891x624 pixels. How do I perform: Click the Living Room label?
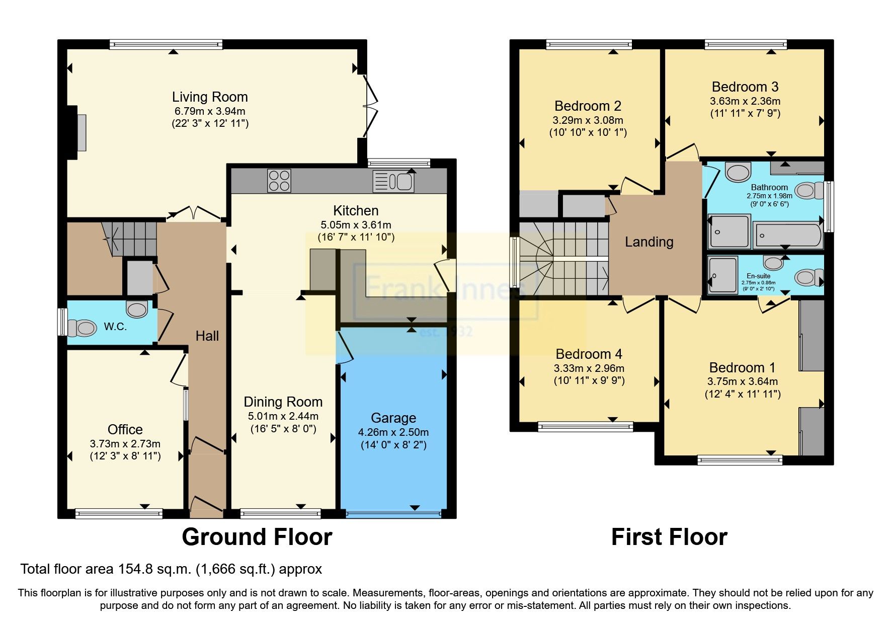(210, 97)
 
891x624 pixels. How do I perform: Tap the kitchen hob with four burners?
(279, 181)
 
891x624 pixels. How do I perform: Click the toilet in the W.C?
(82, 329)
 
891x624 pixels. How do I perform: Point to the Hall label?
(207, 336)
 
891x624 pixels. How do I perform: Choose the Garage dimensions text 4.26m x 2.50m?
(393, 432)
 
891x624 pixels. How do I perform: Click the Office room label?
(125, 429)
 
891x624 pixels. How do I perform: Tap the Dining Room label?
(283, 402)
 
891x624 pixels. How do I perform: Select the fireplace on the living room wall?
(80, 132)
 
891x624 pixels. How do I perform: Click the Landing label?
(649, 242)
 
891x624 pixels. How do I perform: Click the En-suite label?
(758, 276)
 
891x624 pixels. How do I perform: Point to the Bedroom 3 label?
(745, 87)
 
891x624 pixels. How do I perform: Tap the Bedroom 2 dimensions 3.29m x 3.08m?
(588, 120)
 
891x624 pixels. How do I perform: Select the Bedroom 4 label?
(589, 354)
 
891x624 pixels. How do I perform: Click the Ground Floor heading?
(257, 537)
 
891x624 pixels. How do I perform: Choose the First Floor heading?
(669, 537)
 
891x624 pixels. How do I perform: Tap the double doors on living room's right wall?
(371, 106)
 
